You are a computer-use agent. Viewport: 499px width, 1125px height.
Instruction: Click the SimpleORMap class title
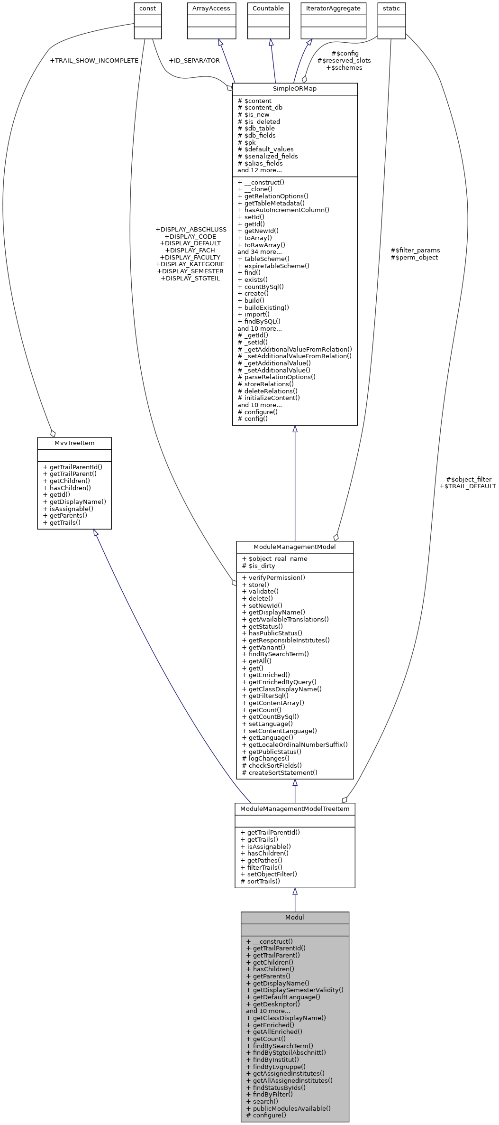294,89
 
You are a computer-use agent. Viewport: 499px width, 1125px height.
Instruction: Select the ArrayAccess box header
211,9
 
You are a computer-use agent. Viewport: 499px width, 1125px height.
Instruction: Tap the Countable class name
268,9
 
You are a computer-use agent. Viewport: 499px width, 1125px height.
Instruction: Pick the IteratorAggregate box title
333,9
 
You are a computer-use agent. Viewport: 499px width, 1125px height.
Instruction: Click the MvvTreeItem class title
74,443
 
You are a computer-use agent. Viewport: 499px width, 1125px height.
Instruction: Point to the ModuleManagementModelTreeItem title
295,809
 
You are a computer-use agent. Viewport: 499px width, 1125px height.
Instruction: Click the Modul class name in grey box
294,917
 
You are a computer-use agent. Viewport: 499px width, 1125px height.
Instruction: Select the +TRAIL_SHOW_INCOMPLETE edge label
94,61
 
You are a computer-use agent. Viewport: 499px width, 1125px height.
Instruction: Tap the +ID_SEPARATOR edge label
194,61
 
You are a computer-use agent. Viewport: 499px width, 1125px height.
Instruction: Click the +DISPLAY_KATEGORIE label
190,264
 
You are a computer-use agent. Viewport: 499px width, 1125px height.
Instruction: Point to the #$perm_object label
414,258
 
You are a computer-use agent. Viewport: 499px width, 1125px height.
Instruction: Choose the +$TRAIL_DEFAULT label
467,486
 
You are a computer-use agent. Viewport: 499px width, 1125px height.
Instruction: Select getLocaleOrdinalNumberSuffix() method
298,744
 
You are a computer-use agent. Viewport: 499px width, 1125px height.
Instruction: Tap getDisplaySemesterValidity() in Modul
298,990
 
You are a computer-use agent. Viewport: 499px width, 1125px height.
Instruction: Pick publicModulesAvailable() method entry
291,1108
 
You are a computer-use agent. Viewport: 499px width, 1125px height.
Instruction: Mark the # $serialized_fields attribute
268,156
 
